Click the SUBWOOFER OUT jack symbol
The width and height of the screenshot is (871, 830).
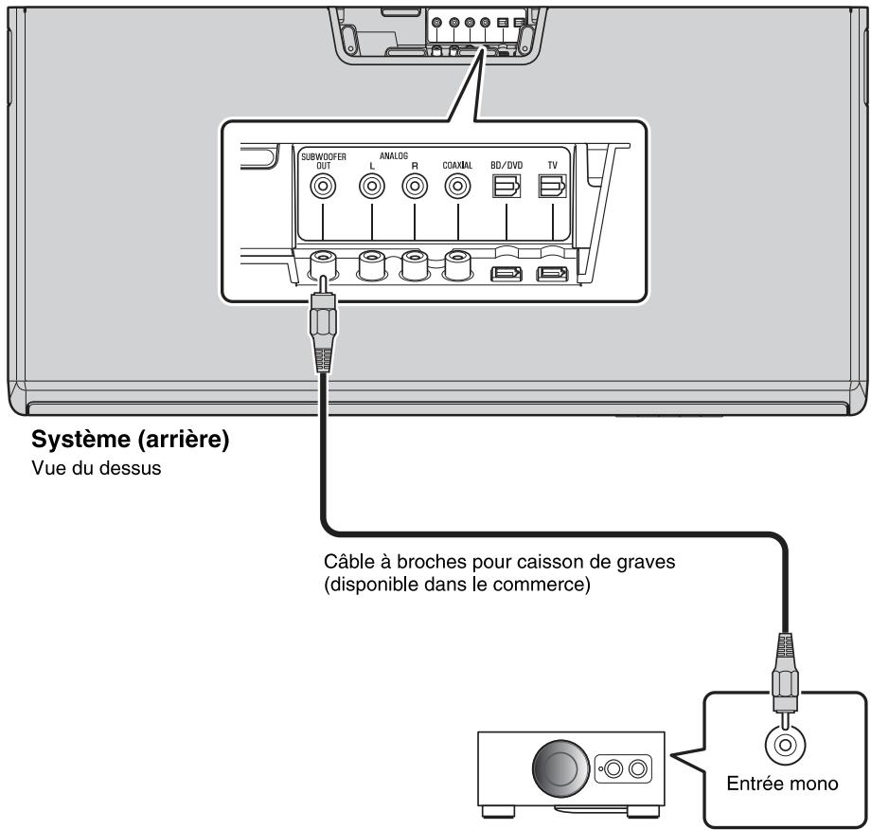[x=324, y=188]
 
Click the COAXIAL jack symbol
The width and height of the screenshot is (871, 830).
[x=458, y=188]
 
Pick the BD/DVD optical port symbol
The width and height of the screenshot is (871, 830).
[x=507, y=188]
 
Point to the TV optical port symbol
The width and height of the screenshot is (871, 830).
[x=551, y=188]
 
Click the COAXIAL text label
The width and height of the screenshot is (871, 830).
[x=457, y=163]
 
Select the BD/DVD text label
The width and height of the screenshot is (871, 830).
[x=507, y=163]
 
